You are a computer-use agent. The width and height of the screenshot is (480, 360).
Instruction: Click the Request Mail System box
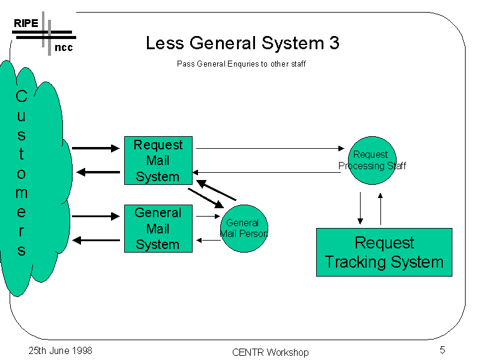[x=158, y=160]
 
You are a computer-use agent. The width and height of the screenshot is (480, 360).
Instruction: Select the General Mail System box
[x=158, y=229]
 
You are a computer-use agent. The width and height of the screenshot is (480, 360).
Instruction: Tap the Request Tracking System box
[x=384, y=252]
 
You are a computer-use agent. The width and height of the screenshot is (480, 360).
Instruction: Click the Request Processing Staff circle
[x=372, y=160]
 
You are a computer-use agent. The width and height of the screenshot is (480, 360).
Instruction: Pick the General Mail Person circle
[x=244, y=228]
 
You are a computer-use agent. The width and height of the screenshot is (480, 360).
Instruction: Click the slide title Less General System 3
[x=242, y=43]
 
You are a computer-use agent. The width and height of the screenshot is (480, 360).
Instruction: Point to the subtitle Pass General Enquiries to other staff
[x=241, y=64]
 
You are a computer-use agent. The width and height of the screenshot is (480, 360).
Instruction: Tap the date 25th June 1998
[x=60, y=350]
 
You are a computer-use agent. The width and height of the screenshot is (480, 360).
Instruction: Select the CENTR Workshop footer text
[x=270, y=352]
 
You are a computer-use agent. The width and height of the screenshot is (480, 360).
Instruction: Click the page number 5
[x=442, y=350]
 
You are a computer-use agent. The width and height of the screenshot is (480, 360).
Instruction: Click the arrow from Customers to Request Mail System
[x=96, y=148]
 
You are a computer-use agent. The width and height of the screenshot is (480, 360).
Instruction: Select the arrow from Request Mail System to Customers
[x=98, y=173]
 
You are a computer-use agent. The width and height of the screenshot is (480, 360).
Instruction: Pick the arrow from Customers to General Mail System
[x=96, y=217]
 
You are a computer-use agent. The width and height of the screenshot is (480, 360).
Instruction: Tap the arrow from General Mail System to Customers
[x=96, y=241]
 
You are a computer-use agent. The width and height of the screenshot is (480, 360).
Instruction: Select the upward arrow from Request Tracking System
[x=380, y=208]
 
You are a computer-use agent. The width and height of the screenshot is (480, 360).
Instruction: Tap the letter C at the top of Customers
[x=21, y=96]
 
